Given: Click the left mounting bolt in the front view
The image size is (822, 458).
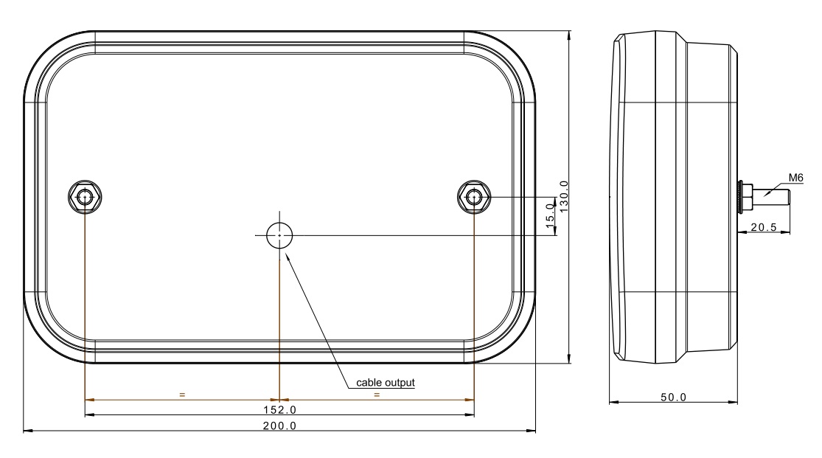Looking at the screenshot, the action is coord(85,197).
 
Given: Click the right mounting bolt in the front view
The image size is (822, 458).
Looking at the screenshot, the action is coord(474,197).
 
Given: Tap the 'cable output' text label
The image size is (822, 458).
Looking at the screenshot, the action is coord(386,383).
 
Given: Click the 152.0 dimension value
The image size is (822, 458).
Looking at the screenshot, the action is coord(279,409).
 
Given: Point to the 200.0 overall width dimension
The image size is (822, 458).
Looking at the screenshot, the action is coord(279,426).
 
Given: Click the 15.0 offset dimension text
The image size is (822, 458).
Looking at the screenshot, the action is coord(550,215).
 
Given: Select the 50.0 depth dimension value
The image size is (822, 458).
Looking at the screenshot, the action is coord(673,397).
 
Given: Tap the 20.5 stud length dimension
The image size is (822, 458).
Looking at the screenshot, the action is coord(764,227).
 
